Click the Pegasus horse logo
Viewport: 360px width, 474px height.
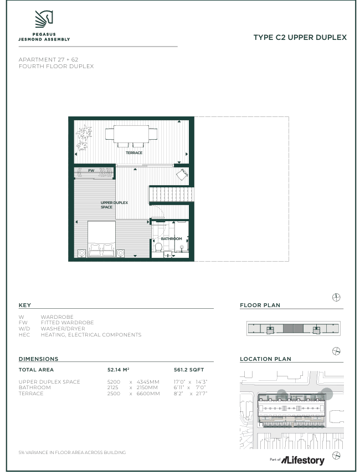[x=44, y=19]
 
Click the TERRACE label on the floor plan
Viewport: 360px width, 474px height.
[x=134, y=153]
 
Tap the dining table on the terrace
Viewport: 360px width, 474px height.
[x=131, y=135]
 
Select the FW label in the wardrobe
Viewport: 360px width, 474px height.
[x=91, y=171]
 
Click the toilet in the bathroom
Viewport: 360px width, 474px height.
[x=158, y=247]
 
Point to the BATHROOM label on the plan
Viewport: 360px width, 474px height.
[x=171, y=239]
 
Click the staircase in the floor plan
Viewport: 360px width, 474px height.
[x=172, y=195]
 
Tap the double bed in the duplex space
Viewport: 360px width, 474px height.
[x=101, y=239]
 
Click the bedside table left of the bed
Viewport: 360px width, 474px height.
[x=82, y=253]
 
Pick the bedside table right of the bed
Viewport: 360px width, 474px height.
[x=121, y=253]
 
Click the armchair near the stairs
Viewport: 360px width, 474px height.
[x=182, y=175]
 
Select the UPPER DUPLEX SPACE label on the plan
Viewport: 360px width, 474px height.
[x=114, y=205]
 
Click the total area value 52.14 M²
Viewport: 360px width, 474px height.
[x=119, y=370]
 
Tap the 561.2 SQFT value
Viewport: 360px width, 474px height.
[x=189, y=370]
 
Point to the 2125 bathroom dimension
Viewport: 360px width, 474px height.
[x=112, y=388]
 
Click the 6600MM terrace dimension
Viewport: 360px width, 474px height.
[x=148, y=394]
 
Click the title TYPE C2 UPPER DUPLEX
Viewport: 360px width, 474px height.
[x=300, y=38]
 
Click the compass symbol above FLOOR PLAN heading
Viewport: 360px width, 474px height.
[x=336, y=298]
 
